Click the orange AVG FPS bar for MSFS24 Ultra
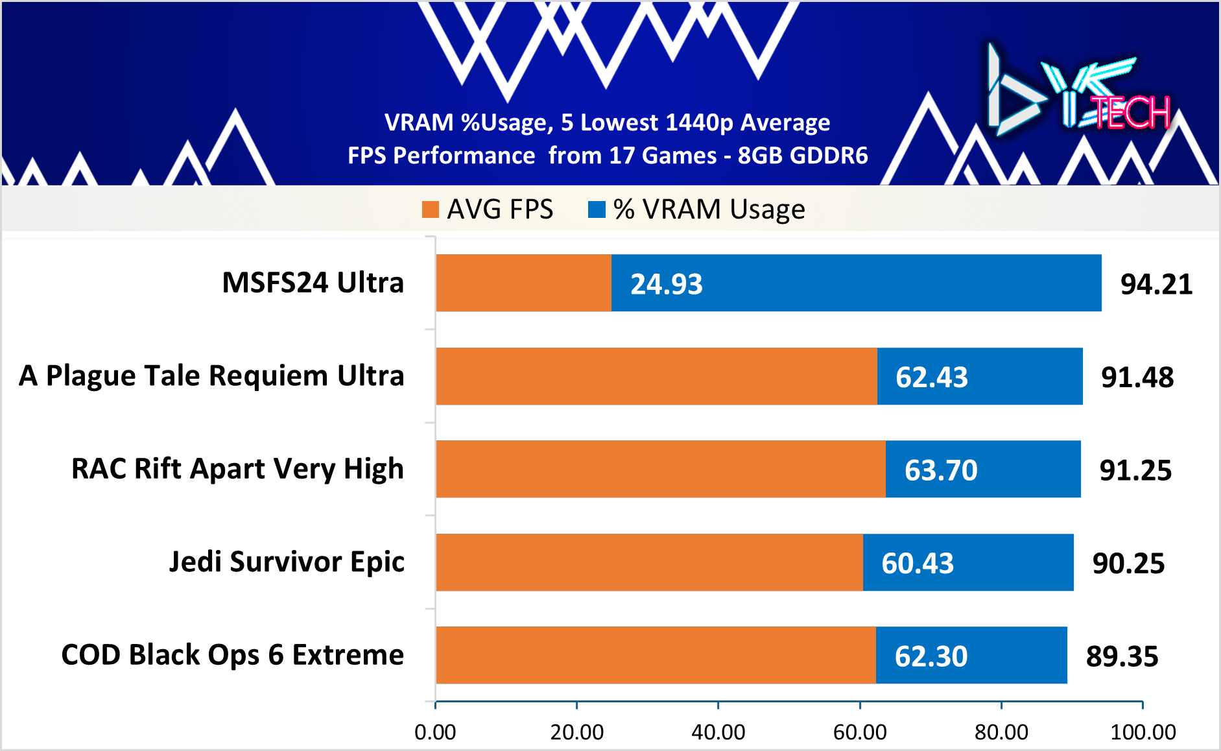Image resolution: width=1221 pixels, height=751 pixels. pyautogui.click(x=523, y=283)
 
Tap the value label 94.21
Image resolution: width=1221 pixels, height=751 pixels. pyautogui.click(x=1156, y=284)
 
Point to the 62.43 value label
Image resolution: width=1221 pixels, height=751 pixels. pyautogui.click(x=931, y=377)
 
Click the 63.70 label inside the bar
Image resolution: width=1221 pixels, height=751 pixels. pyautogui.click(x=940, y=470)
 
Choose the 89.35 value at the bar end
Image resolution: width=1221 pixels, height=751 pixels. pyautogui.click(x=1122, y=656)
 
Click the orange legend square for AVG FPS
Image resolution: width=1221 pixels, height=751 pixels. pyautogui.click(x=431, y=209)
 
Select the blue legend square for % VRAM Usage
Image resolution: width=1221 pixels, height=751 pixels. pyautogui.click(x=597, y=209)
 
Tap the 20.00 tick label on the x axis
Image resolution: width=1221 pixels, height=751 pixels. pyautogui.click(x=576, y=732)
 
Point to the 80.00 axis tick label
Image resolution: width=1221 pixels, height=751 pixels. pyautogui.click(x=1001, y=732)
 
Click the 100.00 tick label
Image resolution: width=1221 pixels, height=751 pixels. pyautogui.click(x=1143, y=732)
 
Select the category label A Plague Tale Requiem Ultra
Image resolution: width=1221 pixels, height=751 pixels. pyautogui.click(x=211, y=375)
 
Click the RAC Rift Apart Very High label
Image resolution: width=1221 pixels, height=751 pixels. pyautogui.click(x=237, y=468)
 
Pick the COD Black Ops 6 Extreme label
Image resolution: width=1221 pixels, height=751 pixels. pyautogui.click(x=232, y=654)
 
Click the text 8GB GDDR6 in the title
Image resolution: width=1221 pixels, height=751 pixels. pyautogui.click(x=802, y=156)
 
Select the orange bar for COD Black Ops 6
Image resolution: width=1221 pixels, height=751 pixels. pyautogui.click(x=655, y=655)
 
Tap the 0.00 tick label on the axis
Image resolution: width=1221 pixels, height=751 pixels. pyautogui.click(x=435, y=732)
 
